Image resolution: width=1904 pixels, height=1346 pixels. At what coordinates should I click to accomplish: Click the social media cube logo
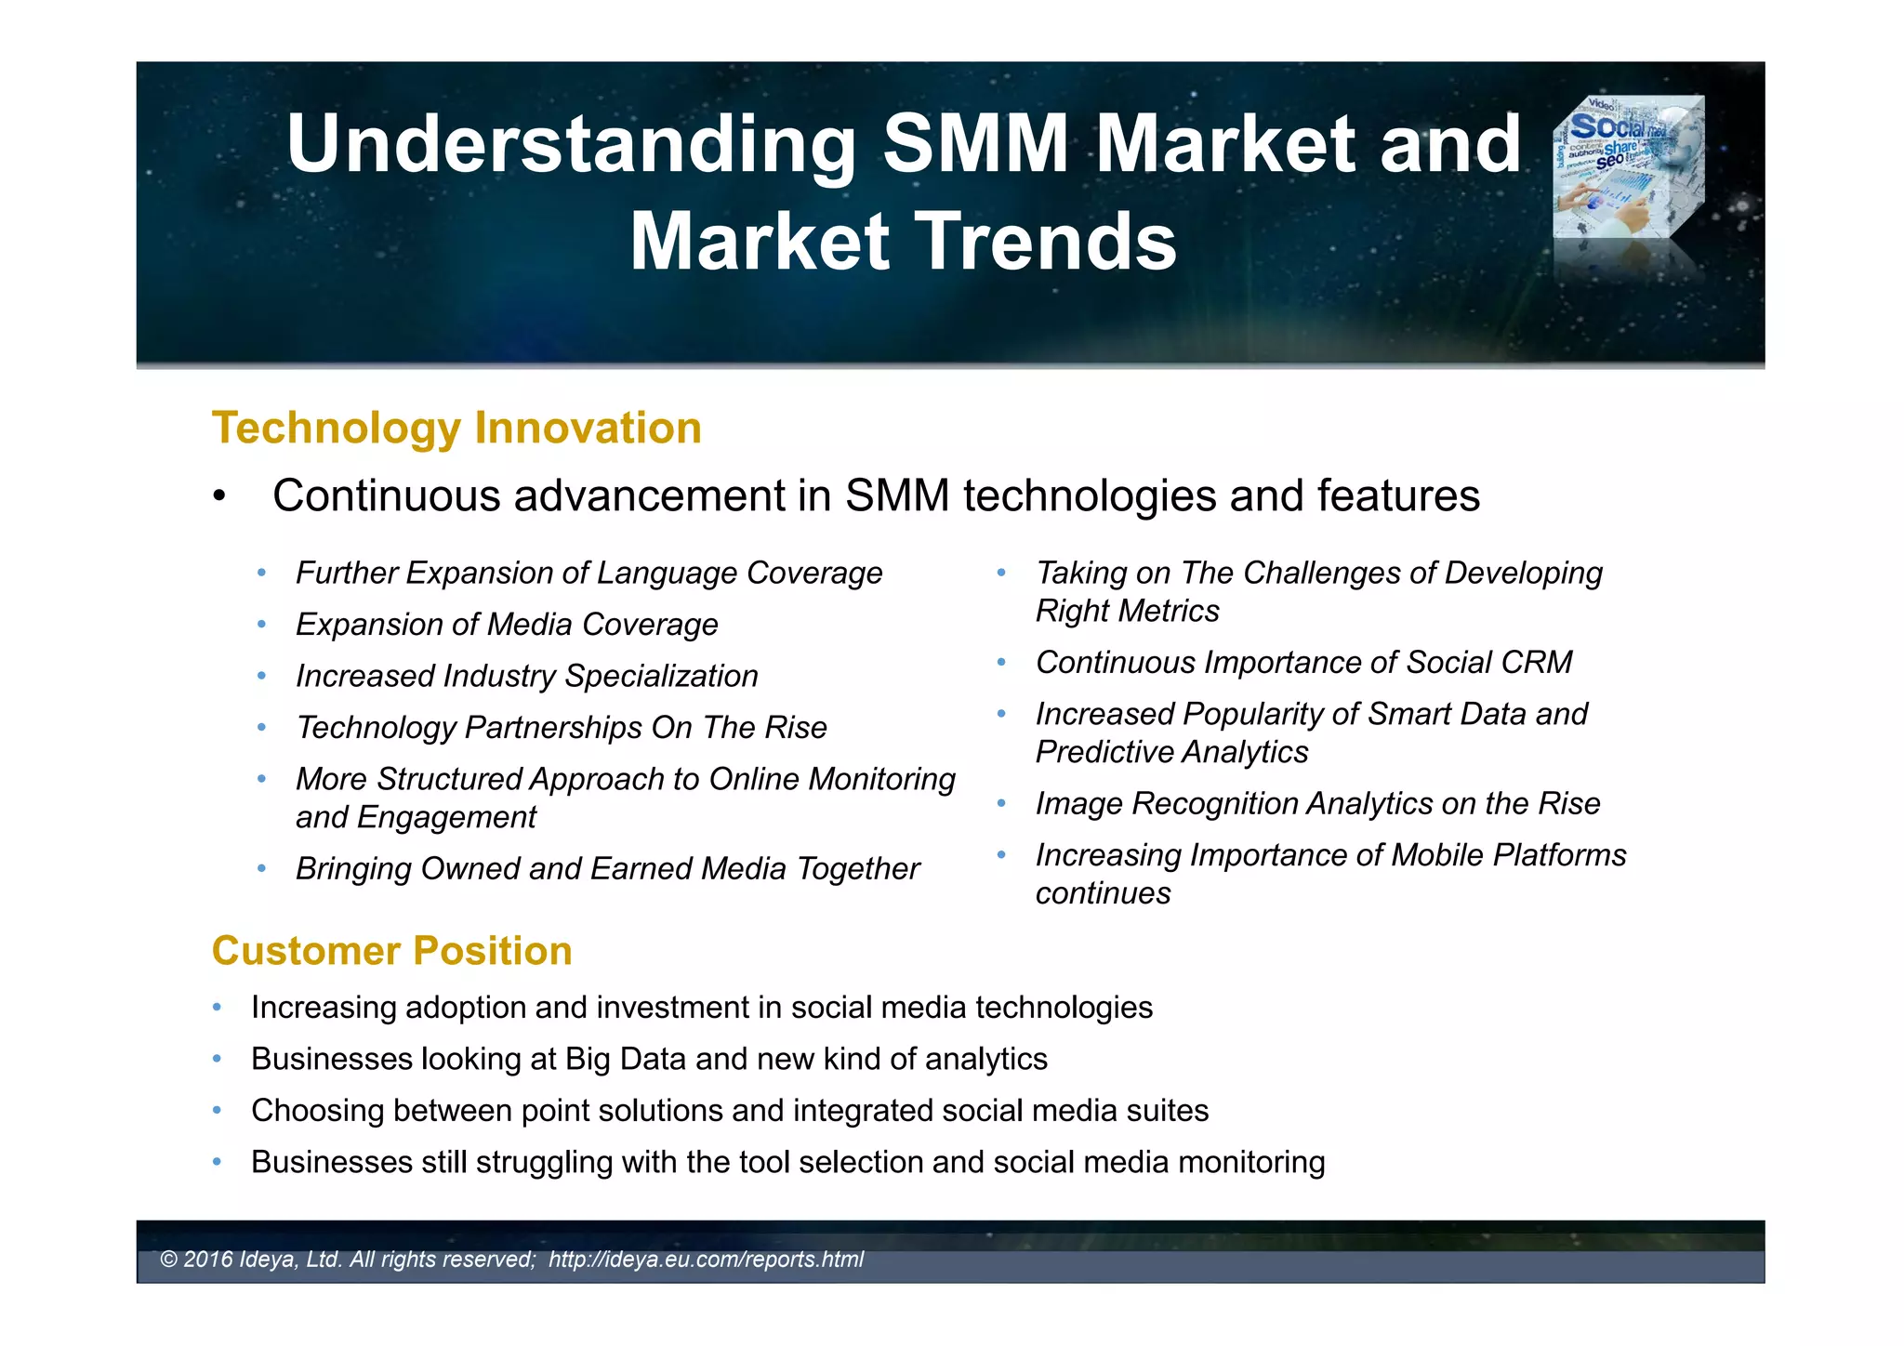(1629, 167)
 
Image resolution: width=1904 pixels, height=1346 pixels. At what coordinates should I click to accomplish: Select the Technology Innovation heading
(456, 429)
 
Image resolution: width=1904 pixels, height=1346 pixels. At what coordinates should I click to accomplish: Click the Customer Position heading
(391, 951)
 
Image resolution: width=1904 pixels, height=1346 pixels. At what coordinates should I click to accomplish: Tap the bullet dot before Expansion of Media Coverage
(262, 624)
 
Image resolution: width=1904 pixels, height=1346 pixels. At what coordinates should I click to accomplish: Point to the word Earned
(641, 869)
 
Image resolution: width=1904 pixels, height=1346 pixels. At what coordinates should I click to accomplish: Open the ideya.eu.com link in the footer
(706, 1260)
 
